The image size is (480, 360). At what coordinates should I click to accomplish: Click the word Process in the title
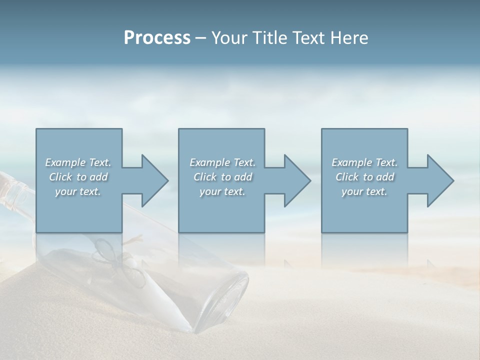pyautogui.click(x=157, y=38)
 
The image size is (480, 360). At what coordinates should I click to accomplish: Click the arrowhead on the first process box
pyautogui.click(x=155, y=181)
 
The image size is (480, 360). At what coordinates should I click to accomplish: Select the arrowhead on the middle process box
pyautogui.click(x=298, y=181)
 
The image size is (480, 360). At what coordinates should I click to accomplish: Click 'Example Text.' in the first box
pyautogui.click(x=78, y=162)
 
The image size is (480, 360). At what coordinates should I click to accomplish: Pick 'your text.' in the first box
pyautogui.click(x=78, y=191)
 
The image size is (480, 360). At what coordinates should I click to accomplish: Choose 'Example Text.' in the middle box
pyautogui.click(x=222, y=162)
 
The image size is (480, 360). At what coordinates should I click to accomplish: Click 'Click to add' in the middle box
pyautogui.click(x=222, y=177)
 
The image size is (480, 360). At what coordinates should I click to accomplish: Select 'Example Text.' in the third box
pyautogui.click(x=364, y=162)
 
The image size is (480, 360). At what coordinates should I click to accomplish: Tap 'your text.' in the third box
pyautogui.click(x=364, y=191)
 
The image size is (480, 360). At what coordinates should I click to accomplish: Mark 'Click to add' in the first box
pyautogui.click(x=78, y=177)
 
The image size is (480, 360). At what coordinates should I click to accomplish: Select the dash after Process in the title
pyautogui.click(x=200, y=38)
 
